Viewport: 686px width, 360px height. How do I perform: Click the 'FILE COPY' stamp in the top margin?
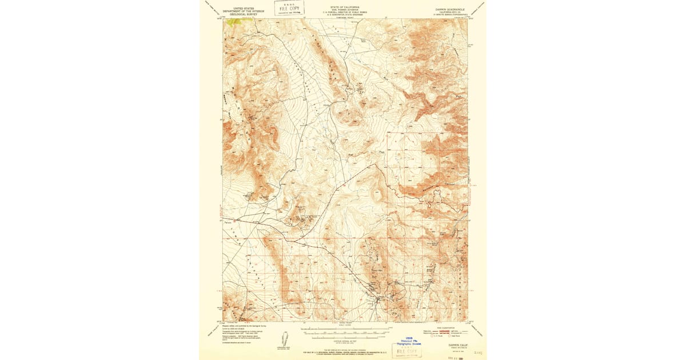(289, 8)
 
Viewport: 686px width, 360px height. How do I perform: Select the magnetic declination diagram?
(285, 338)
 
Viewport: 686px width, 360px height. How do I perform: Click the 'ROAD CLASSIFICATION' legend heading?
(448, 327)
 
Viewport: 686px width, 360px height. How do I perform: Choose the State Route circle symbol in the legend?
(450, 336)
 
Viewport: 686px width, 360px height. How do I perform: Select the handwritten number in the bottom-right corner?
(478, 354)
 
